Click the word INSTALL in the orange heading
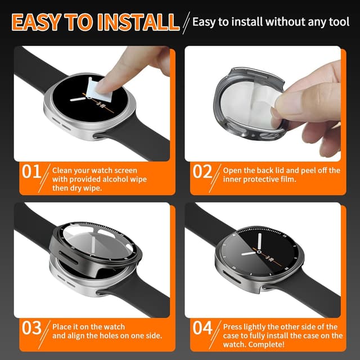(138, 22)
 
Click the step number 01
(31, 172)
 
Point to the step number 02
(202, 172)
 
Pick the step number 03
(31, 328)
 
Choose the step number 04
(202, 328)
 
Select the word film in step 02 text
(289, 179)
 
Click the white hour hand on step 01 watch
(78, 99)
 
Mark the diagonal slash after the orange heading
(186, 23)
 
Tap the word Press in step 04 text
(232, 327)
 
